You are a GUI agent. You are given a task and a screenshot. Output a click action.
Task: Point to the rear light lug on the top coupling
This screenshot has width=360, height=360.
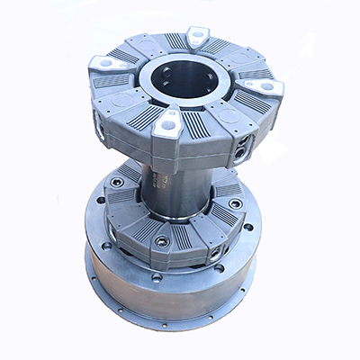tap(195, 36)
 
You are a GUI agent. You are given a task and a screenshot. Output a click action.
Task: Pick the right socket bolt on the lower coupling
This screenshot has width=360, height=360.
tap(235, 203)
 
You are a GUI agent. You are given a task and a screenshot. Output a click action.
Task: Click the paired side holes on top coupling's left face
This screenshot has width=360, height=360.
tap(101, 130)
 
